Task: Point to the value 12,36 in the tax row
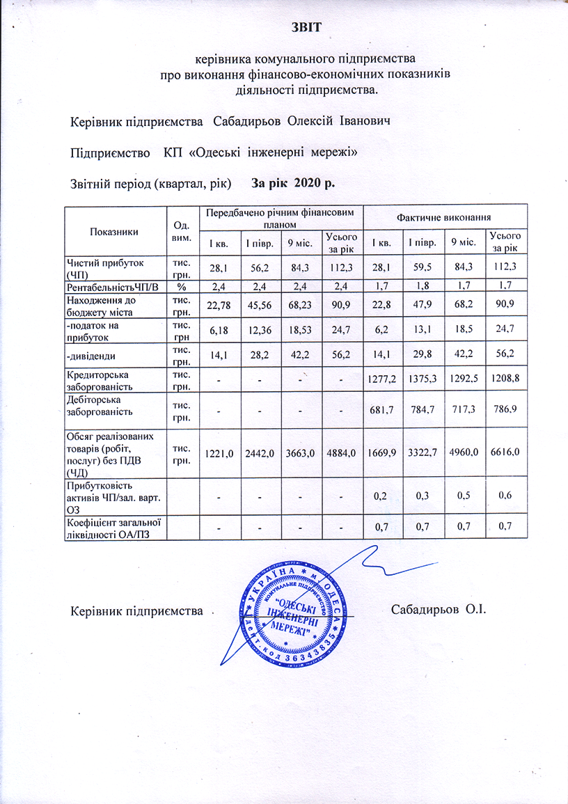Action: point(260,326)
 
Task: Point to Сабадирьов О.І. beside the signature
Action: point(437,610)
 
